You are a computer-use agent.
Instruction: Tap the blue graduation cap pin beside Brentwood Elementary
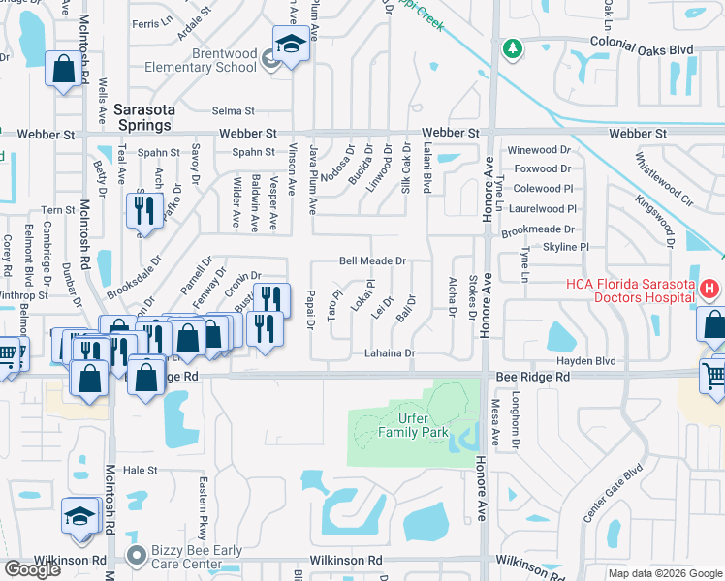coord(289,45)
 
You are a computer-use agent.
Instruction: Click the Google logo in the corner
coord(32,569)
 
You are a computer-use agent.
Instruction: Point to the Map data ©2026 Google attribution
coord(666,573)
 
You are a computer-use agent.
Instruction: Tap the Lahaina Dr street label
coord(390,354)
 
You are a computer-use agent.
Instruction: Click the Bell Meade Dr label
coord(371,261)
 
